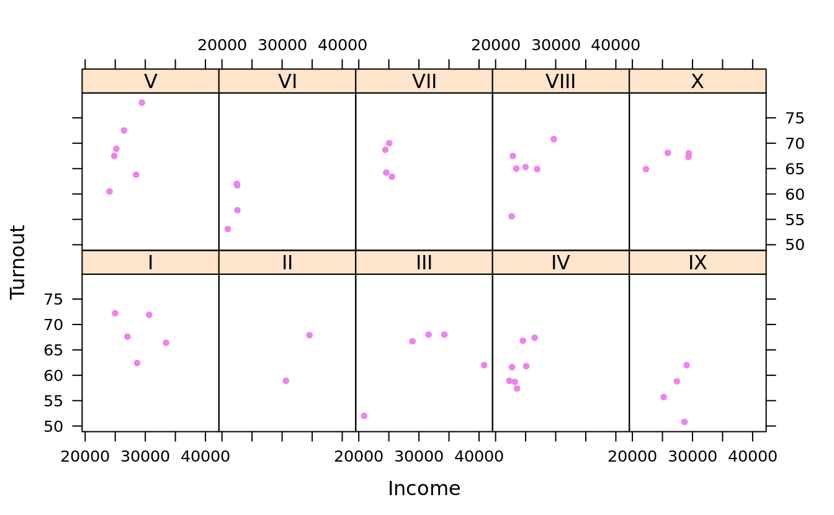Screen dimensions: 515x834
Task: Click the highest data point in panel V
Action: pyautogui.click(x=141, y=102)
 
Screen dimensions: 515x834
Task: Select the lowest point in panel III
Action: pyautogui.click(x=364, y=416)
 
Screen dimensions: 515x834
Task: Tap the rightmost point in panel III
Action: pyautogui.click(x=484, y=365)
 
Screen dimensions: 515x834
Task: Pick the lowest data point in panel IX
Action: pyautogui.click(x=684, y=422)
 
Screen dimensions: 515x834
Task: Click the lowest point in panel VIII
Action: pyautogui.click(x=511, y=217)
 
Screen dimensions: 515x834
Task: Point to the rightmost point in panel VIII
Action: pyautogui.click(x=554, y=139)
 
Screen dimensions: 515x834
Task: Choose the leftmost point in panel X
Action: pyautogui.click(x=646, y=169)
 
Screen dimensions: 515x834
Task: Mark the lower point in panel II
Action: pyautogui.click(x=285, y=381)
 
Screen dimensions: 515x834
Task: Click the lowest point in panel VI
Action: pyautogui.click(x=228, y=229)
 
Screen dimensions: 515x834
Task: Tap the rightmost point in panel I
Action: pyautogui.click(x=166, y=343)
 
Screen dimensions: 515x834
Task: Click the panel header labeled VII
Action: pyautogui.click(x=424, y=81)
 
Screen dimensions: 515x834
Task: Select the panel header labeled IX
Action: pyautogui.click(x=697, y=262)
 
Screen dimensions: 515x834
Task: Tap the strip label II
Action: pyautogui.click(x=287, y=262)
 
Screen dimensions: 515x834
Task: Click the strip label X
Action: pyautogui.click(x=697, y=81)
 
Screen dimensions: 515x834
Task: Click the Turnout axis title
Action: pyautogui.click(x=18, y=262)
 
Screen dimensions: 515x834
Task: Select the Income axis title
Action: pyautogui.click(x=424, y=489)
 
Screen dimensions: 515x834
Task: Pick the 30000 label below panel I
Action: pyautogui.click(x=145, y=457)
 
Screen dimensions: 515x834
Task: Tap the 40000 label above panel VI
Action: pyautogui.click(x=343, y=45)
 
